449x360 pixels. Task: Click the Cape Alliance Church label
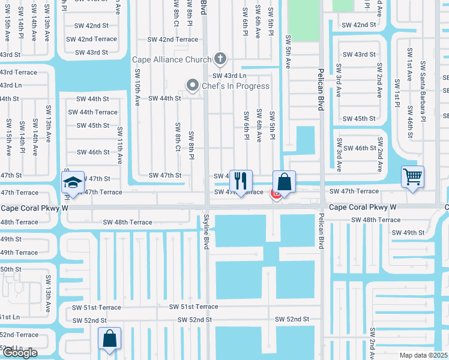point(172,59)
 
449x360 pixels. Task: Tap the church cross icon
point(220,59)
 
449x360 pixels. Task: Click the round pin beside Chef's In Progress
point(193,86)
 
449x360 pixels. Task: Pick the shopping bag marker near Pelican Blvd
point(284,181)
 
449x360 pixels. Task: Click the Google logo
point(20,353)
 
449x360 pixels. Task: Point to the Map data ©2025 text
point(423,355)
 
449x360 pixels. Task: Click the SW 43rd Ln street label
point(229,76)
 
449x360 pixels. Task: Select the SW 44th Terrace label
point(92,112)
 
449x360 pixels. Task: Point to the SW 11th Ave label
point(120,146)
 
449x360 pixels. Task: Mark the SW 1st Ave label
point(409,64)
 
